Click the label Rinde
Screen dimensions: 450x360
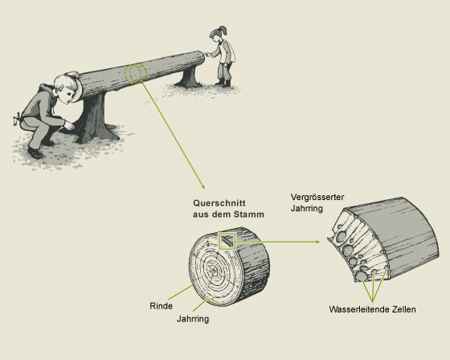point(161,305)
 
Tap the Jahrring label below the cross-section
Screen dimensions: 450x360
point(193,319)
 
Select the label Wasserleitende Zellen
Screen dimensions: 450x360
point(372,309)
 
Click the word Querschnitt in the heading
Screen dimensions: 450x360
point(219,203)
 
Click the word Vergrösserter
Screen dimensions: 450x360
point(317,197)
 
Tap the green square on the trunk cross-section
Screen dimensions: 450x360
point(227,241)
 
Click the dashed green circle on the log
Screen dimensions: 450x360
point(136,74)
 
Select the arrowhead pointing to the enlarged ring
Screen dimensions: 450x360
point(317,242)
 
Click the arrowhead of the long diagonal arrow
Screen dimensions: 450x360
point(203,187)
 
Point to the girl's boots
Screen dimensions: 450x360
point(223,83)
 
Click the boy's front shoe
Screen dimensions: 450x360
point(35,153)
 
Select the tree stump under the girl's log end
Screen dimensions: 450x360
point(188,77)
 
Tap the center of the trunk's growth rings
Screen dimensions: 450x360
point(214,271)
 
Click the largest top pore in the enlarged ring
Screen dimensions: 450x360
point(342,236)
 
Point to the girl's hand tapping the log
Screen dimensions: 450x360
point(207,54)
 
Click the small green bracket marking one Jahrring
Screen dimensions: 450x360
point(215,300)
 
